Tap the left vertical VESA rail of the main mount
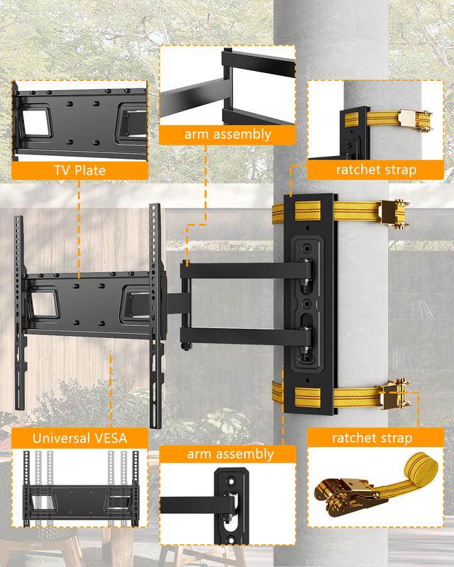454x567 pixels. tap(20, 312)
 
